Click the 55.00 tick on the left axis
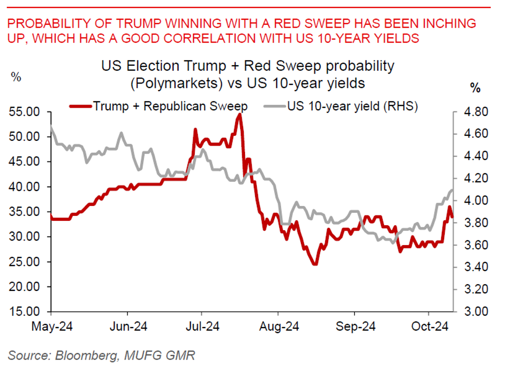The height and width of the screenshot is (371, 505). click(25, 112)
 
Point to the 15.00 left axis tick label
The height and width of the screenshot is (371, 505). click(25, 312)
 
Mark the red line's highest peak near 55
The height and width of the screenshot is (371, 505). click(240, 114)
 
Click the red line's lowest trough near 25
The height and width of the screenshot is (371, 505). click(315, 264)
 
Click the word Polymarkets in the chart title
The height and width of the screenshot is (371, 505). click(175, 83)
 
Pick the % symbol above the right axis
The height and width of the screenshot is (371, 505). click(475, 88)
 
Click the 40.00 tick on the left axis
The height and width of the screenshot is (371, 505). click(25, 187)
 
